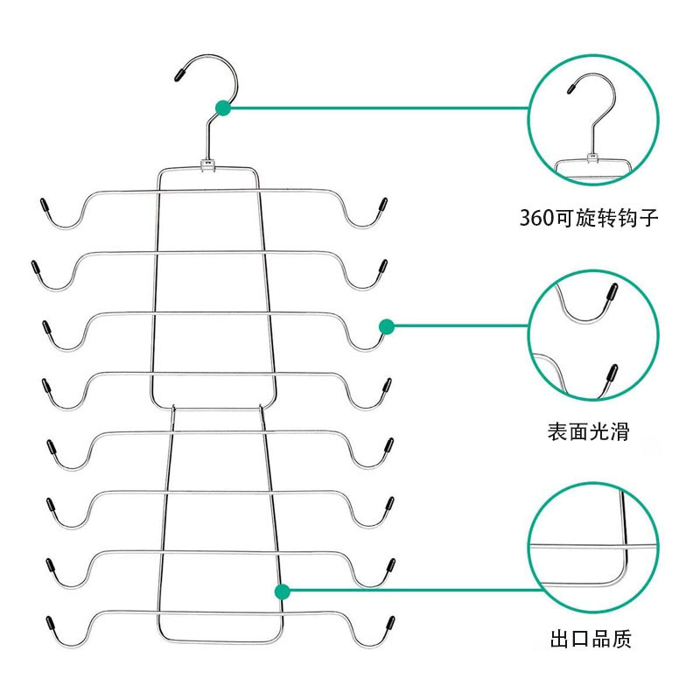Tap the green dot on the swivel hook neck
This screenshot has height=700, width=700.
(223, 108)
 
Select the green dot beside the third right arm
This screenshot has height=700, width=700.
(386, 326)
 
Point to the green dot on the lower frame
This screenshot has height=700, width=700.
(282, 591)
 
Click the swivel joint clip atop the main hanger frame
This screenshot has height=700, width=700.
(208, 164)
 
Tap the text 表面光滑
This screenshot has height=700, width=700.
(588, 430)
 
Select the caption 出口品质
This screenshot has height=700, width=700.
(591, 640)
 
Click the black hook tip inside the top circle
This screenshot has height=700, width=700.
(573, 86)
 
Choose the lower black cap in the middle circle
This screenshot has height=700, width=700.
(610, 374)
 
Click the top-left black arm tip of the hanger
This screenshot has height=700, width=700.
(43, 206)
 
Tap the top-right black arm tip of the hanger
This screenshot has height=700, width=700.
(381, 206)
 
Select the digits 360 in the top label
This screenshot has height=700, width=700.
(536, 218)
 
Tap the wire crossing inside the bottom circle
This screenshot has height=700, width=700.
(623, 545)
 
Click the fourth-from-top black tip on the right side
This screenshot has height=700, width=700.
(386, 385)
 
